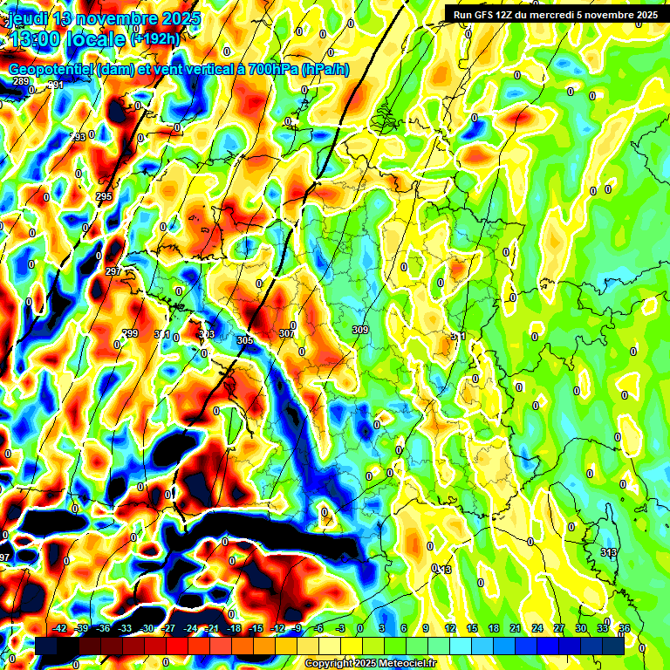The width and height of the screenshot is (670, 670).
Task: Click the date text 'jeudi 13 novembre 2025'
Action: [x=103, y=18]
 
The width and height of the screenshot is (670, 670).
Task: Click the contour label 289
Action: [x=21, y=82]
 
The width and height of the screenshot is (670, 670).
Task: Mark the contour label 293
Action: [x=79, y=137]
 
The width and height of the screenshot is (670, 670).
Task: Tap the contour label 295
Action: [x=104, y=197]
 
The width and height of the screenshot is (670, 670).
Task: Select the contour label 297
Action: [x=113, y=272]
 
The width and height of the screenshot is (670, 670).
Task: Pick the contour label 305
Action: [x=244, y=339]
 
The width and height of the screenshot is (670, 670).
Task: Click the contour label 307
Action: [x=286, y=333]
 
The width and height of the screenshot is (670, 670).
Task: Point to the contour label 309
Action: [x=359, y=330]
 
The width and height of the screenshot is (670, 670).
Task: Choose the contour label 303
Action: [x=207, y=334]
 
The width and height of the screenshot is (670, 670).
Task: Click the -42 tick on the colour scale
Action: [x=60, y=628]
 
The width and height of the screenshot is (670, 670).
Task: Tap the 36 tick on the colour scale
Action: [x=625, y=628]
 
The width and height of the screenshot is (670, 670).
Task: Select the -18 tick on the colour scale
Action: [x=234, y=628]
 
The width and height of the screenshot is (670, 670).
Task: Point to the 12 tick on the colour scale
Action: [x=450, y=628]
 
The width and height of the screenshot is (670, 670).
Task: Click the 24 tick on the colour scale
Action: [x=537, y=628]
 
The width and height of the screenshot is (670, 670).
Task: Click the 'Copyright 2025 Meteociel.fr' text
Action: [x=370, y=663]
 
